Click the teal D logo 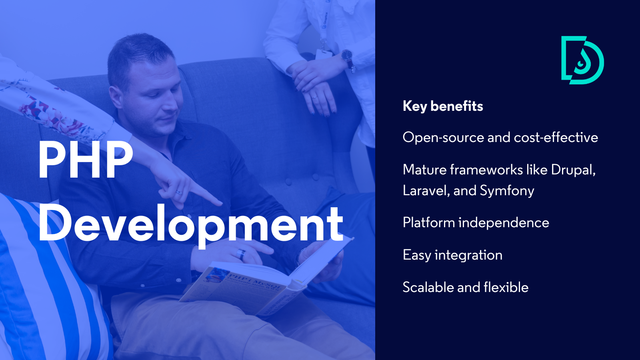[x=582, y=60]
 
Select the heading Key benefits [x=443, y=106]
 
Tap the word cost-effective [x=556, y=138]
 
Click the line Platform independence [x=476, y=223]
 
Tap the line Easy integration [x=452, y=255]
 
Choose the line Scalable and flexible [x=465, y=288]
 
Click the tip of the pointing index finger [x=219, y=203]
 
